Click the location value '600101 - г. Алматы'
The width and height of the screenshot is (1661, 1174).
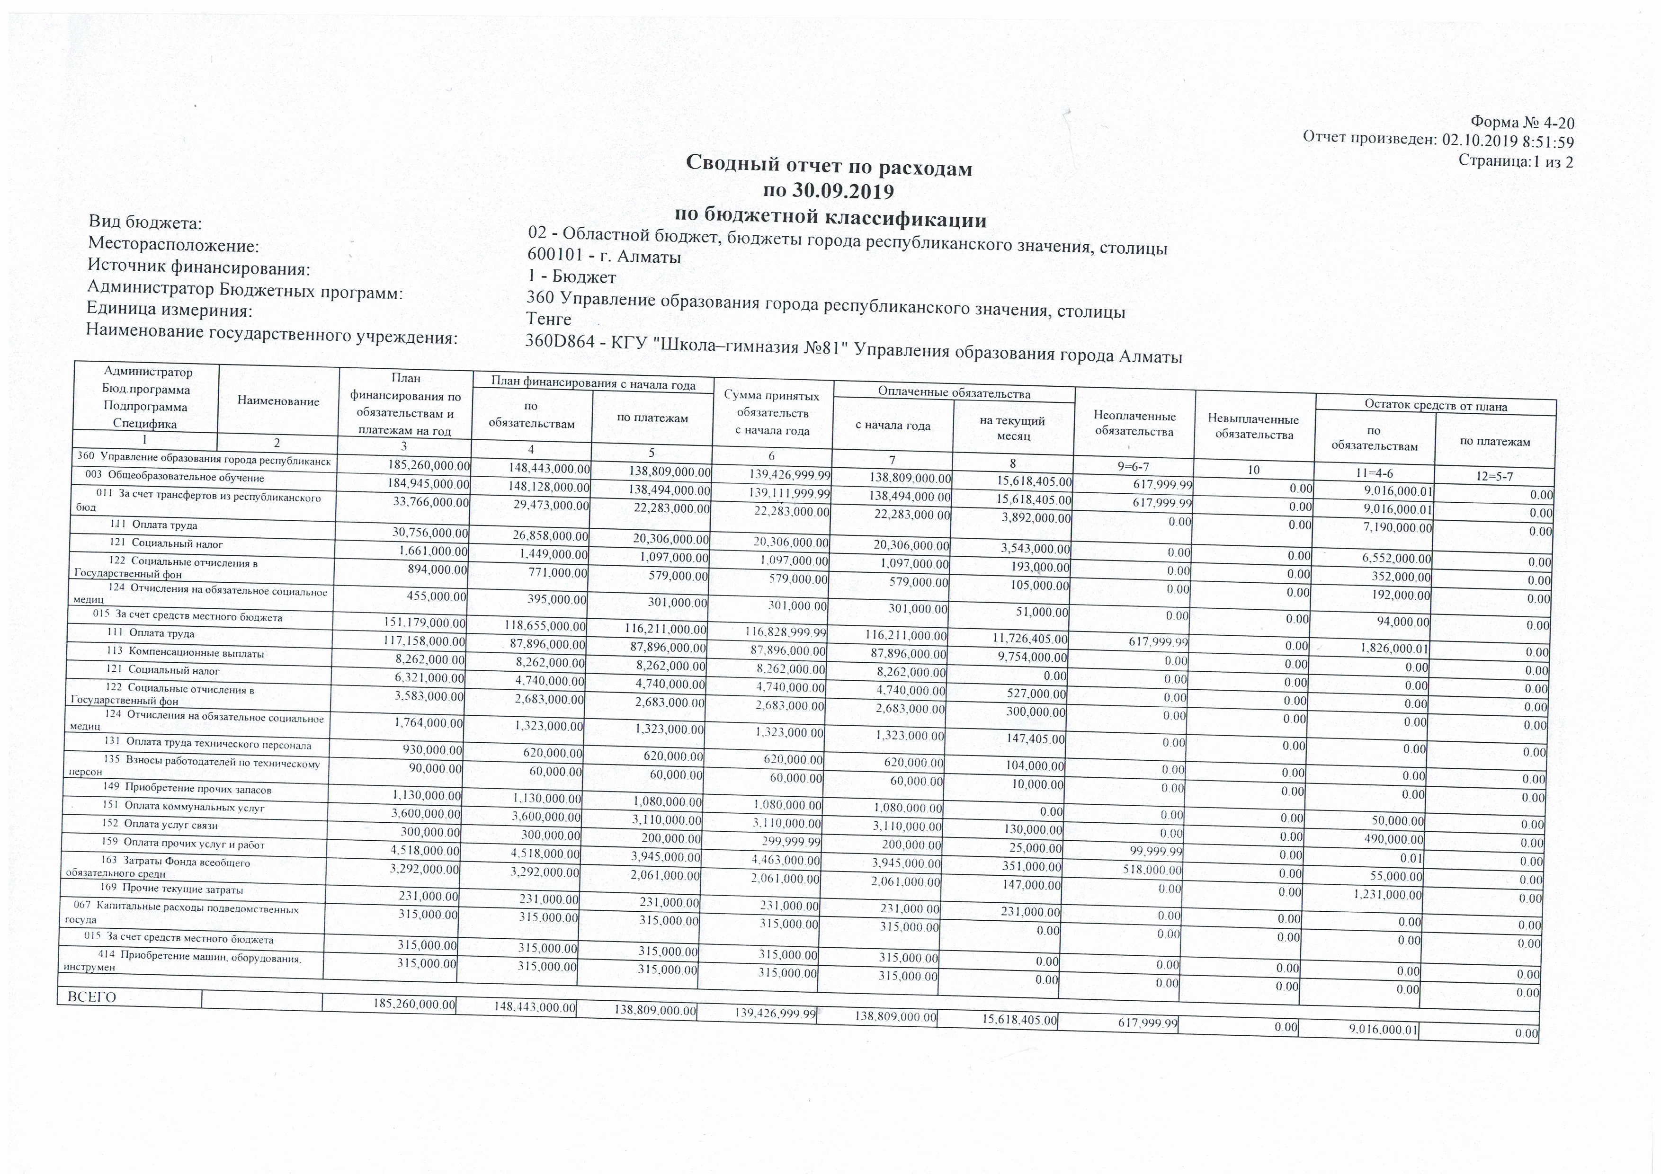pos(605,257)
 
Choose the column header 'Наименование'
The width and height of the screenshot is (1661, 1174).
pos(278,401)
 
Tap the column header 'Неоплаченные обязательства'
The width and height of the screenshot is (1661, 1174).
pos(1134,423)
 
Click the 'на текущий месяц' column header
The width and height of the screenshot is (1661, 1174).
pos(1013,428)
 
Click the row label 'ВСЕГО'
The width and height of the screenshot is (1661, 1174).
pos(91,997)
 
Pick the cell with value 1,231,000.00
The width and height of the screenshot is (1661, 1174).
pos(1387,894)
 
